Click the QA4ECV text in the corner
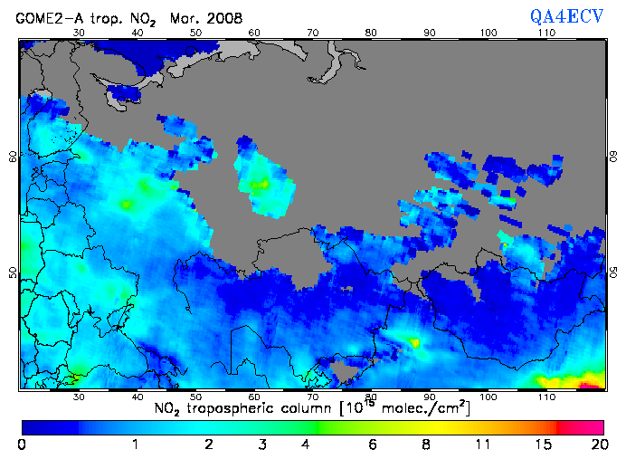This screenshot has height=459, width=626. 570,14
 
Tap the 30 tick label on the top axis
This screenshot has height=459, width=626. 78,33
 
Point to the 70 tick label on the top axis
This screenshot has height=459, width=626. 312,33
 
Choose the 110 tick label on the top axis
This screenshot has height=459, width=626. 546,33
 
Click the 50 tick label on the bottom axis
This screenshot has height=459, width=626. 195,397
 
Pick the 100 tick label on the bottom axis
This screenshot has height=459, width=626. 488,397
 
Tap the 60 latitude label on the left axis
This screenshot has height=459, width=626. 13,157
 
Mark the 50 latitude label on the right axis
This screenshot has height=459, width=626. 612,273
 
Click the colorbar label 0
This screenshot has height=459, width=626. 22,444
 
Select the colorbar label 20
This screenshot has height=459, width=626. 597,444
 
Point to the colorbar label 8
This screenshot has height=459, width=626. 424,444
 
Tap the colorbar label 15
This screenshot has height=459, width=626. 540,444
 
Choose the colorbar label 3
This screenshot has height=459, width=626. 261,444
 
